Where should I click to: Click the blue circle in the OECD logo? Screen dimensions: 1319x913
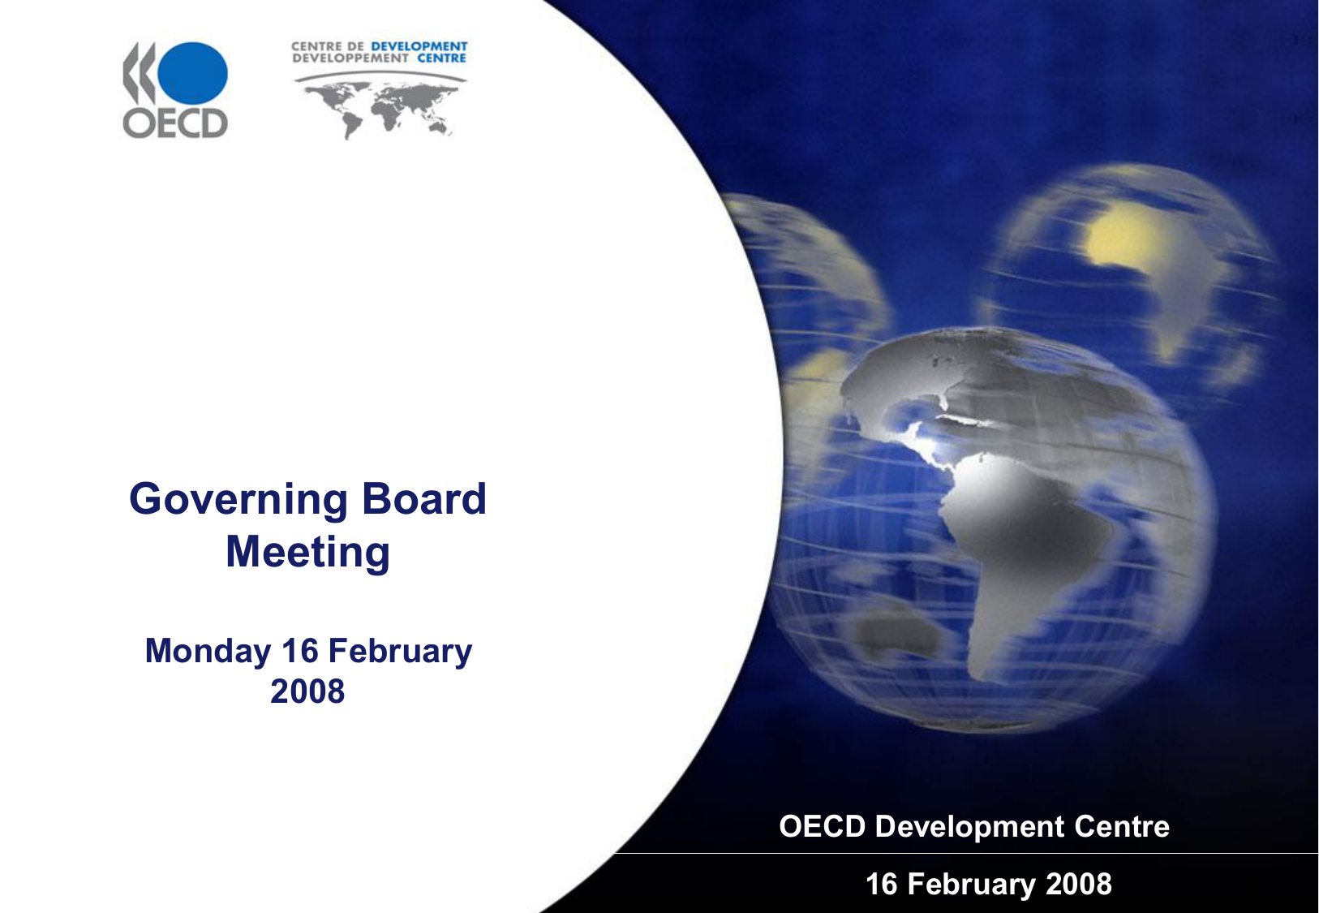[x=192, y=73]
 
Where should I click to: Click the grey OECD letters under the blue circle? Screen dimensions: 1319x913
[x=175, y=123]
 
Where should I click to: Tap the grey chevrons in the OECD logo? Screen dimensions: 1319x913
[x=139, y=73]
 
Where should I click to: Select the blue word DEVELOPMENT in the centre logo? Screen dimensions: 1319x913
[x=419, y=46]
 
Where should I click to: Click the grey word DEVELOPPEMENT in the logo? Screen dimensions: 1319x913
[x=350, y=58]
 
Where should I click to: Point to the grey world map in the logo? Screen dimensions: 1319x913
[x=380, y=108]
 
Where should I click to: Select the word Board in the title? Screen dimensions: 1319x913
[x=424, y=498]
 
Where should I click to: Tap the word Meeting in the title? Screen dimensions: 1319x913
[x=307, y=553]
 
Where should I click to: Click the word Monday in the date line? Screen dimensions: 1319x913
[x=208, y=652]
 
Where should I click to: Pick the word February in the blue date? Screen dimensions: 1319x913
[x=400, y=652]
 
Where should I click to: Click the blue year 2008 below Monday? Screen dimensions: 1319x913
[x=307, y=691]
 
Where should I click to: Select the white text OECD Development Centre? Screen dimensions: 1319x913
[x=974, y=826]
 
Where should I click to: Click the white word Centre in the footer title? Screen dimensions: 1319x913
[x=1122, y=826]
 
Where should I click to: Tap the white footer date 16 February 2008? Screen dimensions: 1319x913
[x=989, y=884]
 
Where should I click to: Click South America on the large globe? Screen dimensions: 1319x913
[x=1025, y=553]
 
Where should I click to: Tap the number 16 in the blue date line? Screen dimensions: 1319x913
[x=299, y=652]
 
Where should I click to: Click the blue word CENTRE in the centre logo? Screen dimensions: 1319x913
[x=441, y=58]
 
